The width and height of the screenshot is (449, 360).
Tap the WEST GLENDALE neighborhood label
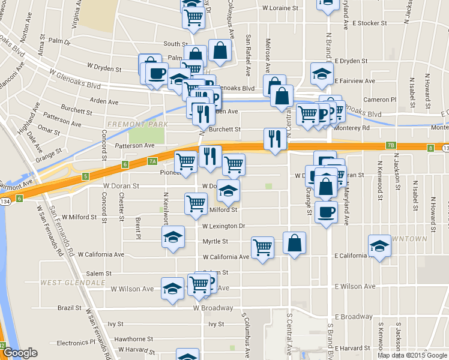(65, 282)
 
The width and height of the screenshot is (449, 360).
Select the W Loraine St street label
(280, 8)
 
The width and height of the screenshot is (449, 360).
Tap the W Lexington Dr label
(224, 226)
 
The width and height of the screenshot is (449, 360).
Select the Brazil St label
(70, 308)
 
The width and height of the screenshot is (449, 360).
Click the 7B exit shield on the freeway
(391, 145)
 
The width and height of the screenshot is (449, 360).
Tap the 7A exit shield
(152, 161)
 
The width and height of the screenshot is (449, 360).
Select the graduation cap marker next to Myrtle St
(173, 236)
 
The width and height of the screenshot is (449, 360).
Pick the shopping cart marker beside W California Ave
(262, 247)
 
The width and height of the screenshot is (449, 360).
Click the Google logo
(20, 353)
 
